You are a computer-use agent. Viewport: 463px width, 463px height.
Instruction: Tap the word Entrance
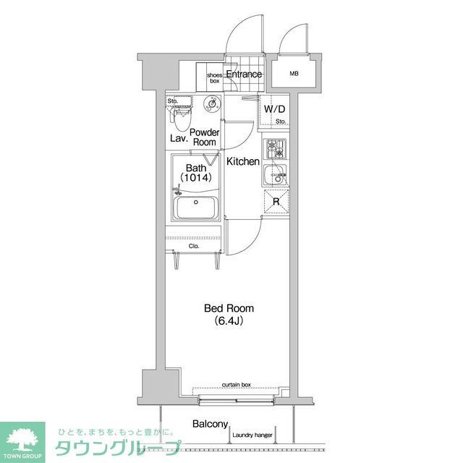coord(244,75)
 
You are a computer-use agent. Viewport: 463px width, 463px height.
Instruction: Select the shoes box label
coord(215,77)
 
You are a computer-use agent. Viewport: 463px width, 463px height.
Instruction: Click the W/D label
coord(274,109)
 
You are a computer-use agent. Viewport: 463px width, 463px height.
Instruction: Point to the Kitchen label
coord(243,161)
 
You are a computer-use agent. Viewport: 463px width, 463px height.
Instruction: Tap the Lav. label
coord(179,137)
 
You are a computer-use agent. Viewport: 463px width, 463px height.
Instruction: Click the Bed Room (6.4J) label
coord(228,314)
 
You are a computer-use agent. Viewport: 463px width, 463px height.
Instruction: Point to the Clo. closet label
coord(194,247)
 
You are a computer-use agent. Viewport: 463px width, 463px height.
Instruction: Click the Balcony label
coord(211,425)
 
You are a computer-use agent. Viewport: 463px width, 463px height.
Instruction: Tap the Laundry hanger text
coord(252,436)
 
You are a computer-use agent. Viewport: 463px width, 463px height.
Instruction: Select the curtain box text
coord(236,386)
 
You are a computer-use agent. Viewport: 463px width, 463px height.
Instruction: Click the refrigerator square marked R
coord(275,202)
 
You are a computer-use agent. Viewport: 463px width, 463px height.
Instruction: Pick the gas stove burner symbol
coord(275,149)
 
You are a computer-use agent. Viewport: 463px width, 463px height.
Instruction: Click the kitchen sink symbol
coord(275,174)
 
